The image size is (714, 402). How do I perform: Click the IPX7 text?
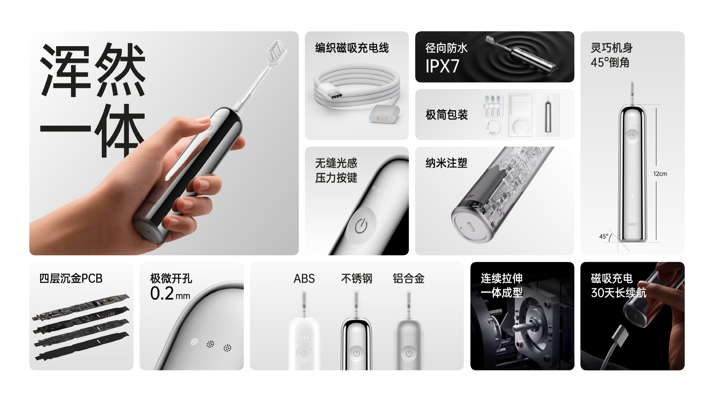tap(442, 66)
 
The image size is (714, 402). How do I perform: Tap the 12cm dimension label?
tap(660, 174)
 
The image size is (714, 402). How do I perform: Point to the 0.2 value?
tap(162, 294)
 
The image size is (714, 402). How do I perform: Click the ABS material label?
tap(304, 278)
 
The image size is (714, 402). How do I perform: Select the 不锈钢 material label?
tap(356, 278)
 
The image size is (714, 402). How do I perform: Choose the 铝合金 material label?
tap(408, 278)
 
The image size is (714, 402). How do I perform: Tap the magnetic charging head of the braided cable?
tap(385, 114)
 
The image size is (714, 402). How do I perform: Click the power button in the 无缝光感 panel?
tap(361, 226)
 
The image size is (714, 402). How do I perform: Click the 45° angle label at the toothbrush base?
tap(604, 236)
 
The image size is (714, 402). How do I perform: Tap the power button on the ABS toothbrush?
tap(304, 353)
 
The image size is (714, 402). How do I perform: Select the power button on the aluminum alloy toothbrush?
tap(409, 353)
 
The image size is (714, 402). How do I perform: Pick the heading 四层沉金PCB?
tap(71, 278)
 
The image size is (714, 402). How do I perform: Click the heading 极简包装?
tap(447, 115)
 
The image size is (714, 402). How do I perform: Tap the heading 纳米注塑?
tap(446, 163)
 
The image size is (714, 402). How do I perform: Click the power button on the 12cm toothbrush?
tap(632, 136)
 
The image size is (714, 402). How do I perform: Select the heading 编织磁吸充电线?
tap(352, 48)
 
